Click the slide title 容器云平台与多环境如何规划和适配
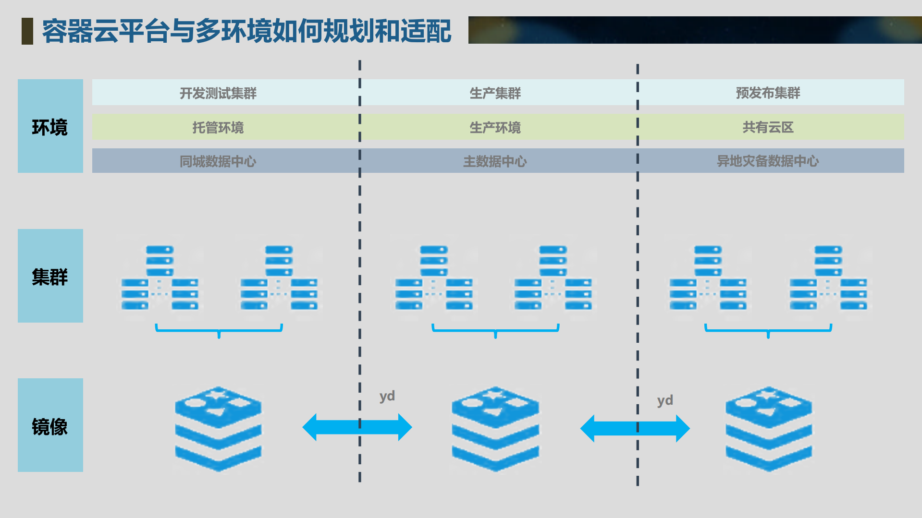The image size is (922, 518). pyautogui.click(x=246, y=31)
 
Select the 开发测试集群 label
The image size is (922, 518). pyautogui.click(x=218, y=93)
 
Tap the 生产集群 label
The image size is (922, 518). pyautogui.click(x=495, y=93)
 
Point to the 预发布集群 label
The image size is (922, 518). pyautogui.click(x=768, y=93)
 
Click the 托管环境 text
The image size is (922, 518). pyautogui.click(x=218, y=127)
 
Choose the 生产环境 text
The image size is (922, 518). pyautogui.click(x=495, y=127)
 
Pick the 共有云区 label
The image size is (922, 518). pyautogui.click(x=768, y=127)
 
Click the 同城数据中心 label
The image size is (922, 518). pyautogui.click(x=218, y=161)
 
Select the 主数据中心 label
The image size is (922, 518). pyautogui.click(x=495, y=161)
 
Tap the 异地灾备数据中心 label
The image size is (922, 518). pyautogui.click(x=768, y=161)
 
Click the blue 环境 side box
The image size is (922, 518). pyautogui.click(x=50, y=126)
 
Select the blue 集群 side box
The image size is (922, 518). pyautogui.click(x=50, y=276)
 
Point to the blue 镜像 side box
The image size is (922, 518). pyautogui.click(x=50, y=425)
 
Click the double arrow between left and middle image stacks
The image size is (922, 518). pyautogui.click(x=357, y=427)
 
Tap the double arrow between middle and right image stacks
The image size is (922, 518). pyautogui.click(x=635, y=428)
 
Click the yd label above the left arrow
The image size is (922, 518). pyautogui.click(x=387, y=397)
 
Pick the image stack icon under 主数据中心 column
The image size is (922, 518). pyautogui.click(x=495, y=429)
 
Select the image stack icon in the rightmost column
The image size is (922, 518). pyautogui.click(x=769, y=429)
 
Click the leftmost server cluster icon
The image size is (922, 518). pyautogui.click(x=160, y=278)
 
